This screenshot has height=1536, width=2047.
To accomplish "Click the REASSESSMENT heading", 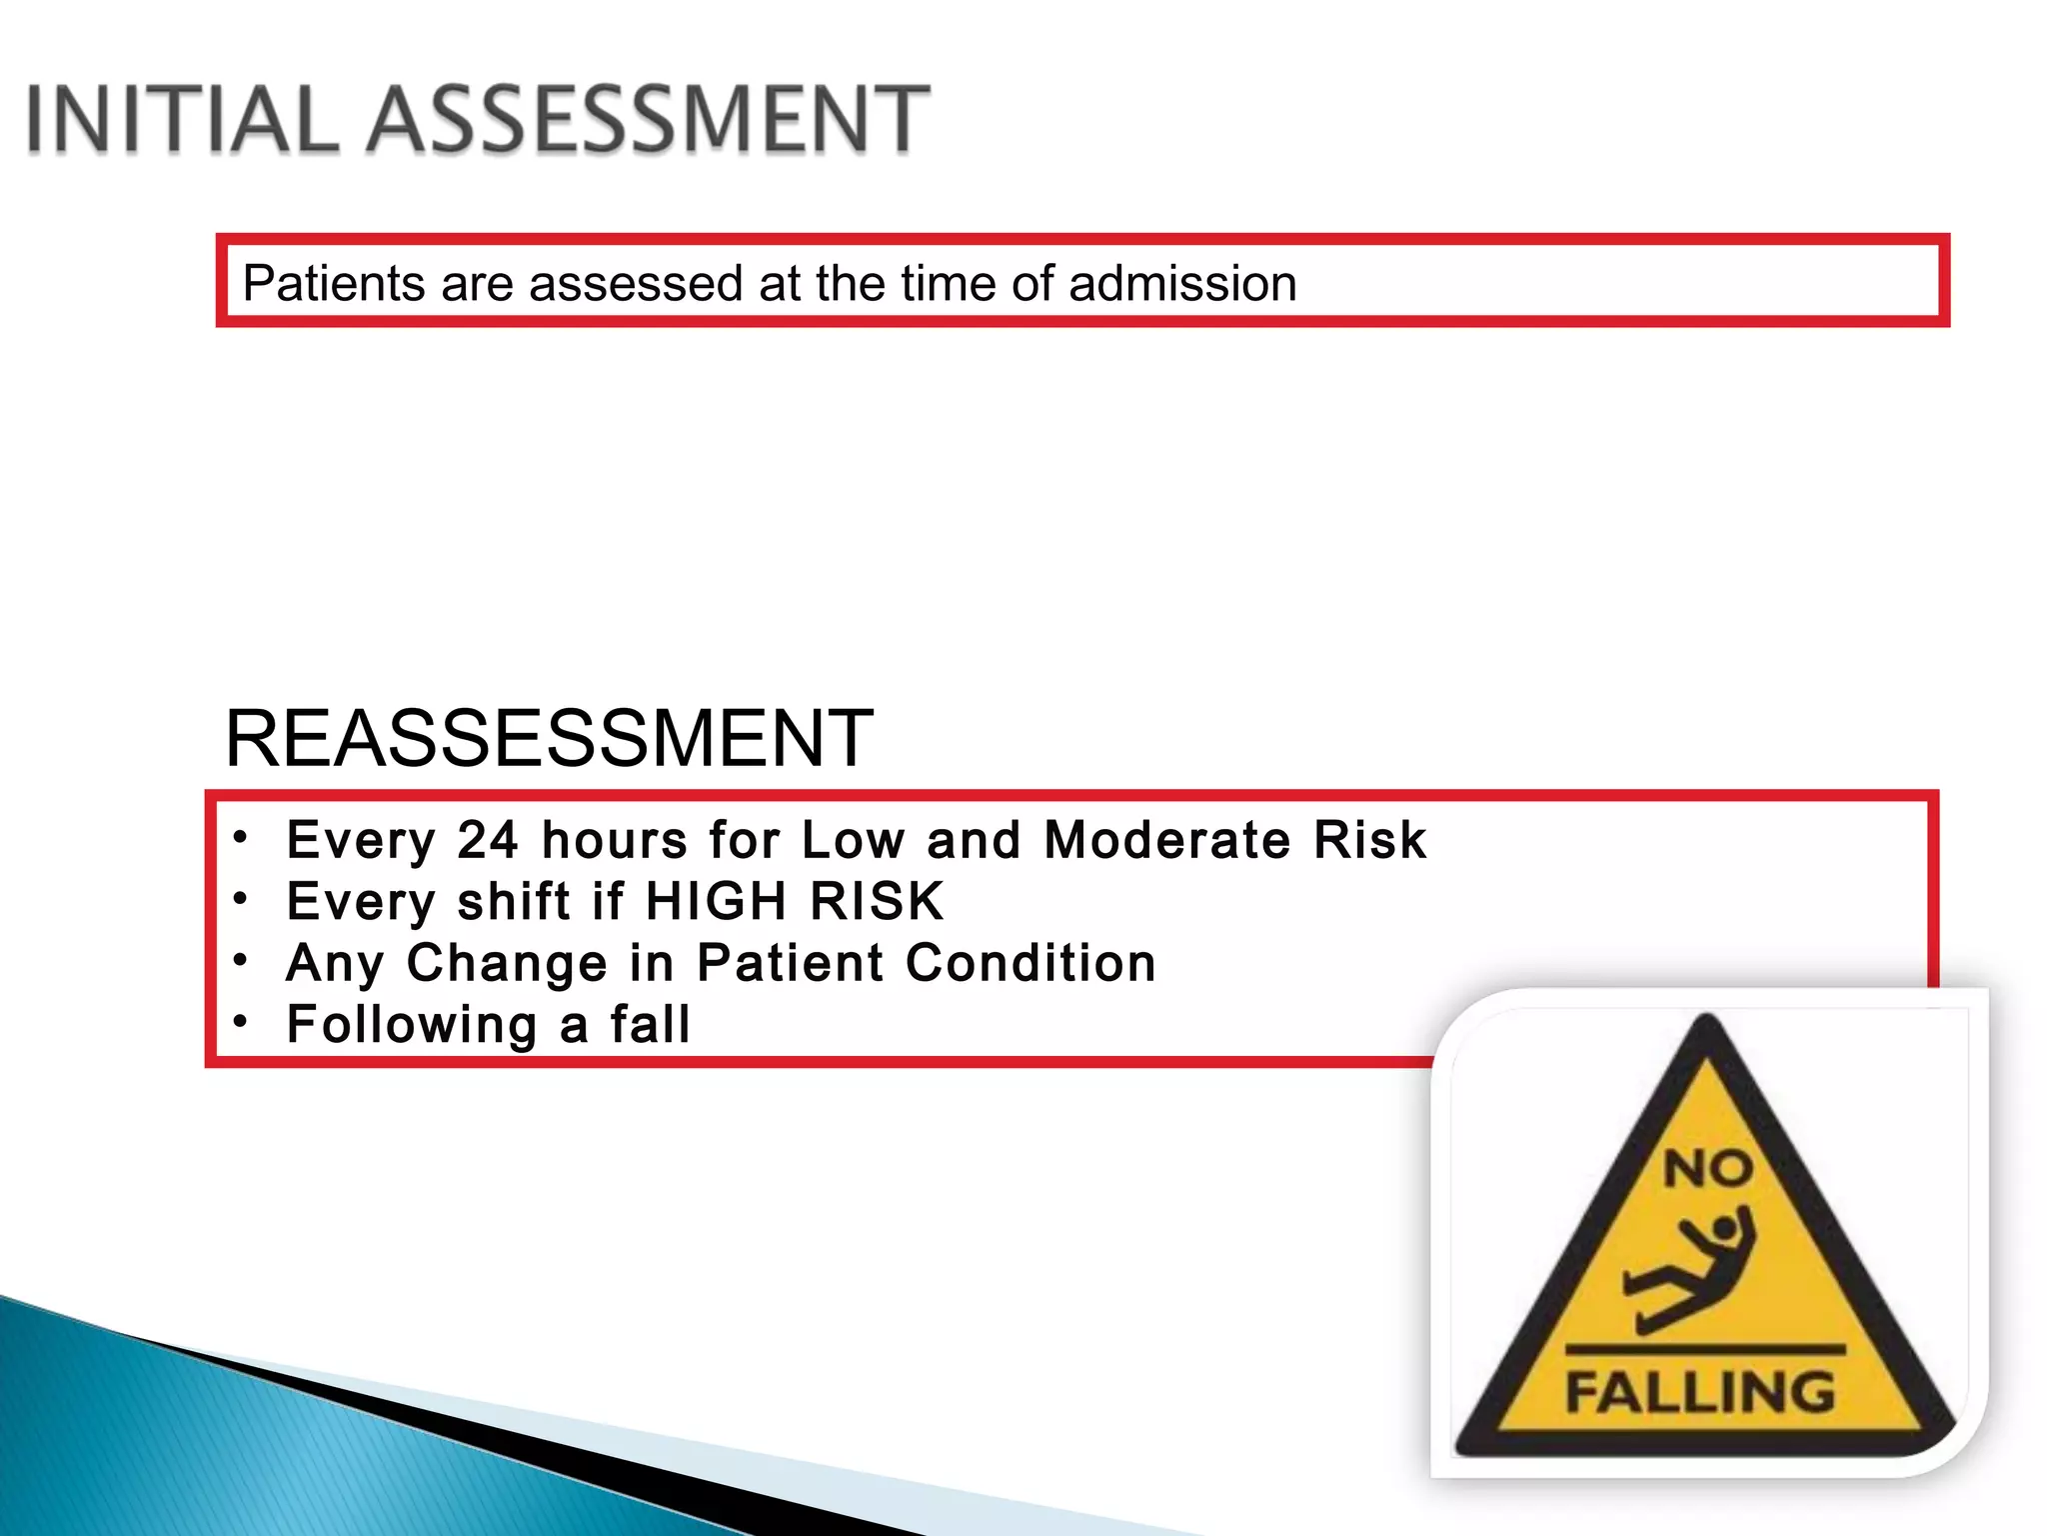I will tap(549, 738).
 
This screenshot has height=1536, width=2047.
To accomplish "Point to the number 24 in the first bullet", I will tap(488, 839).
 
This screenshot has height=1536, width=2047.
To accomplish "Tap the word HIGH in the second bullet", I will tap(716, 901).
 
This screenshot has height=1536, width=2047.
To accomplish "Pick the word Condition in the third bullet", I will tap(1030, 963).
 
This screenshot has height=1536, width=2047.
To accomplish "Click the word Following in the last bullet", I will tap(412, 1025).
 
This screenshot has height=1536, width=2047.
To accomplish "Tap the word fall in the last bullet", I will tap(651, 1025).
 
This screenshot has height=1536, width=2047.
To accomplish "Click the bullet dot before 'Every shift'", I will tap(240, 899).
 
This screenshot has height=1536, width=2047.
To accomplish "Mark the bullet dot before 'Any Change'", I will tap(240, 961).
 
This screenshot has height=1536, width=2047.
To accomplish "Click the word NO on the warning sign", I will tap(1707, 1168).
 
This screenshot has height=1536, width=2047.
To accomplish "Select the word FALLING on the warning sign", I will tap(1700, 1392).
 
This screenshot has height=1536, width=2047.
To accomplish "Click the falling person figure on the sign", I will tap(1689, 1270).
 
